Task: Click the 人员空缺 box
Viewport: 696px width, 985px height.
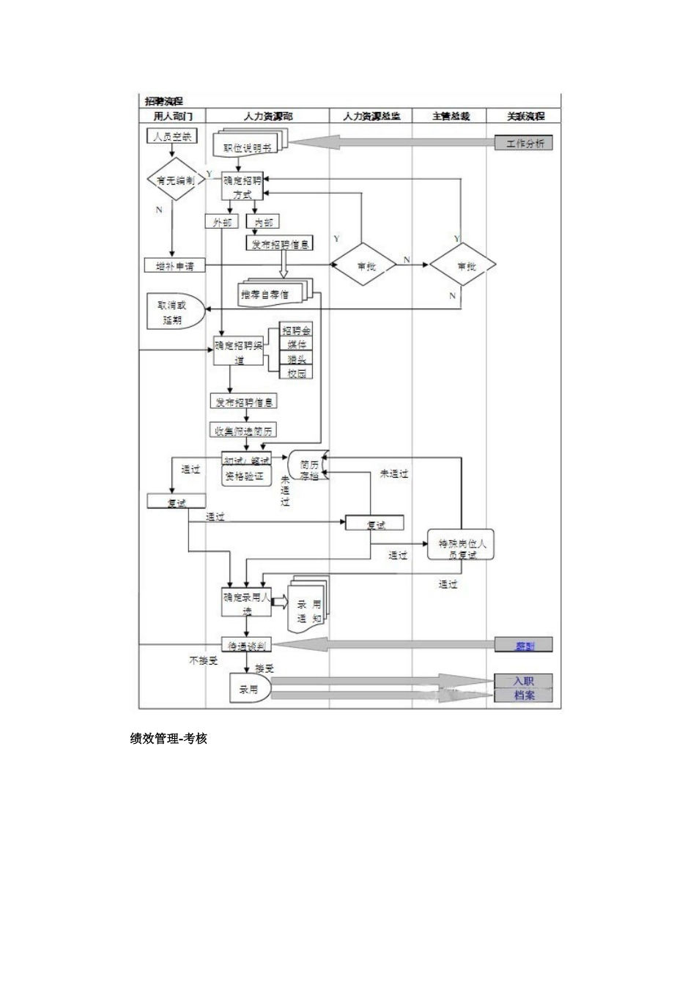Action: coord(172,136)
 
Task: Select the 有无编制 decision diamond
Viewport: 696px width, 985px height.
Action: coord(173,180)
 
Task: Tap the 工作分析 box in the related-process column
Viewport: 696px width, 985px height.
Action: coord(524,144)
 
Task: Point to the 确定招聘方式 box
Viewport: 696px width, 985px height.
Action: coord(243,188)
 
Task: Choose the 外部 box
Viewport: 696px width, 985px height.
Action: coord(221,222)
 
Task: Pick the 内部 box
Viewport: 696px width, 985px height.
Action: coord(262,222)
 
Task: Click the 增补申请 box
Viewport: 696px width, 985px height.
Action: coord(174,265)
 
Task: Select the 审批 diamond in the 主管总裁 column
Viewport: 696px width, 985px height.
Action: coord(463,265)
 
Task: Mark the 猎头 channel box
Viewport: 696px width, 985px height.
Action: coord(296,358)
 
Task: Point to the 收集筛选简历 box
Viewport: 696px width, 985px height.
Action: coord(243,430)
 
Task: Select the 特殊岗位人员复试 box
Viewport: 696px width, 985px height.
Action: coord(462,548)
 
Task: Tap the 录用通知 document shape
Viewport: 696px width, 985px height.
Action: coord(308,605)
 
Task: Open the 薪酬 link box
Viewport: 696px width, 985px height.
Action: coord(524,646)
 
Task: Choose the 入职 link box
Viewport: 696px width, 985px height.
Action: coord(524,681)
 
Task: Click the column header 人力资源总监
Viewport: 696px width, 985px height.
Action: coord(371,116)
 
